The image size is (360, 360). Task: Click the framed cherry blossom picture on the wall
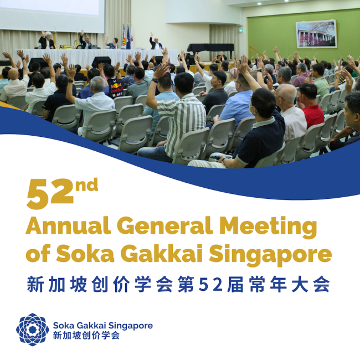tap(316, 34)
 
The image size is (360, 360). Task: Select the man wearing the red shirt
tap(310, 108)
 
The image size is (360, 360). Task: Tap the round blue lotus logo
tap(33, 330)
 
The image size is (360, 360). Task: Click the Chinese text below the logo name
tap(86, 336)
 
